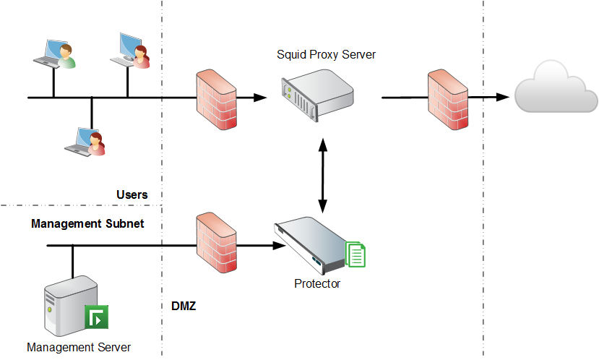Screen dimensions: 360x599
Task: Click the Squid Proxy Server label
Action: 327,55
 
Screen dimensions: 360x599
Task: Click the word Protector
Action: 317,284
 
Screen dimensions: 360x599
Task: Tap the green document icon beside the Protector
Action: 356,254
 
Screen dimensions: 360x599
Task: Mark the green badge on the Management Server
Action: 97,317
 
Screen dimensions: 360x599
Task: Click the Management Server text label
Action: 79,347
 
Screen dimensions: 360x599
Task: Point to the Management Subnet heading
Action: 87,224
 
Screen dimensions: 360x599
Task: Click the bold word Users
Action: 132,195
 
